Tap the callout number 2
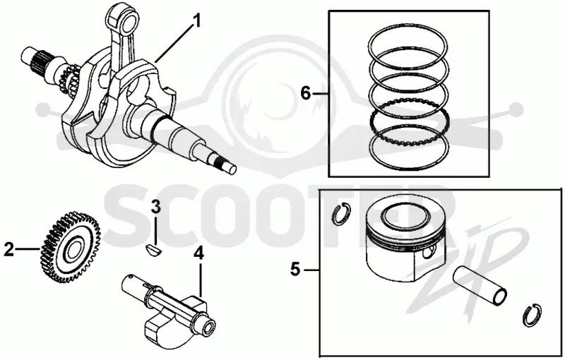tap(9, 249)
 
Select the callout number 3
tap(155, 207)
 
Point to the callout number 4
tap(198, 253)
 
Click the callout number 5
tap(295, 269)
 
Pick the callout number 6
tap(305, 94)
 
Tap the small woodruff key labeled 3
tap(154, 249)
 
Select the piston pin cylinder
tap(480, 286)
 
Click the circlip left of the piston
tap(340, 215)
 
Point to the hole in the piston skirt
tap(428, 253)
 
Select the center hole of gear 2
tap(74, 247)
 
